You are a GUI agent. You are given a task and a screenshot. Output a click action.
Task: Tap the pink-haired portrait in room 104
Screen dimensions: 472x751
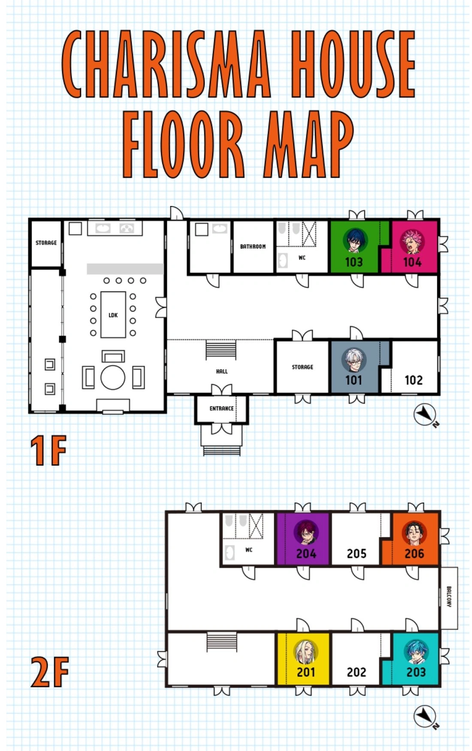(412, 241)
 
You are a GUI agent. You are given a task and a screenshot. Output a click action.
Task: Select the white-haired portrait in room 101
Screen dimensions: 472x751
(354, 360)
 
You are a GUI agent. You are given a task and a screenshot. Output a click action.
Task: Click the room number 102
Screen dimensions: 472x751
(414, 380)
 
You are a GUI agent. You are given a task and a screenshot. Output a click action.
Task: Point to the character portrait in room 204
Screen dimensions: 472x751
(306, 532)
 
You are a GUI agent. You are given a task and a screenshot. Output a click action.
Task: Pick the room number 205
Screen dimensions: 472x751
(357, 554)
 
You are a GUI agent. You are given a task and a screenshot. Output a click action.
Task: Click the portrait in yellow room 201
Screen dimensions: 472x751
(306, 651)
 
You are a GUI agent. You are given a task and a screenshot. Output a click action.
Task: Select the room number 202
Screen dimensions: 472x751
(357, 672)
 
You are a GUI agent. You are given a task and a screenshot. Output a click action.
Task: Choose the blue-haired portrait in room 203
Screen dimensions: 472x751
(416, 652)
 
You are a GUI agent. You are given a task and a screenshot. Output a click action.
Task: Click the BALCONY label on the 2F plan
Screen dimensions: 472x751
(449, 597)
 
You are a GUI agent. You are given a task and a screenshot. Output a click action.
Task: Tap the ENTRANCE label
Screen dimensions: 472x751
(221, 409)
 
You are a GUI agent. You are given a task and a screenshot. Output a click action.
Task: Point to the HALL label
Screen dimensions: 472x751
(222, 371)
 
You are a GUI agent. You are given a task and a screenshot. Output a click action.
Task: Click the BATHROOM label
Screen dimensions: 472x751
(253, 246)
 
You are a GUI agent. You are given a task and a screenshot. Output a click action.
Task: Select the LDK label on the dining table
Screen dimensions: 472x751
(113, 315)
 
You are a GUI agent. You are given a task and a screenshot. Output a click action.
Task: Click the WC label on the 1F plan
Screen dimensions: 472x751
(302, 257)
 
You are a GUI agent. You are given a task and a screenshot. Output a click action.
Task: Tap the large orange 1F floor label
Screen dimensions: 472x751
(48, 450)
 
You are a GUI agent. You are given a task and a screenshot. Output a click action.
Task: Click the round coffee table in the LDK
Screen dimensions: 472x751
(113, 377)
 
